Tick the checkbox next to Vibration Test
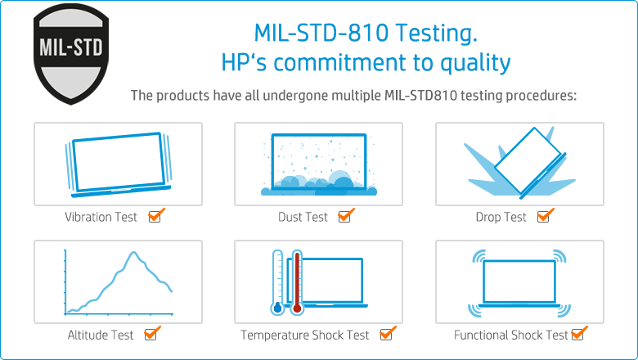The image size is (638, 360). pos(155,217)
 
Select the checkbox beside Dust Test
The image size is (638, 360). pos(345,217)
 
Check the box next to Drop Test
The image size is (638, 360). pos(545,217)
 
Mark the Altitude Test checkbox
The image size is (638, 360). pos(151,335)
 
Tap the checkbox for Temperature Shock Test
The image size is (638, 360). pos(387,335)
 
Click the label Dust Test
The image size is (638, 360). pos(303,218)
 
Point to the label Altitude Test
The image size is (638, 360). pos(101,335)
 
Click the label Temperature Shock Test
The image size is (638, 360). pos(304,335)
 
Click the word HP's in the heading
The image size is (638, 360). pos(241,63)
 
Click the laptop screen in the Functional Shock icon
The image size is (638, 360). pos(519,280)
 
